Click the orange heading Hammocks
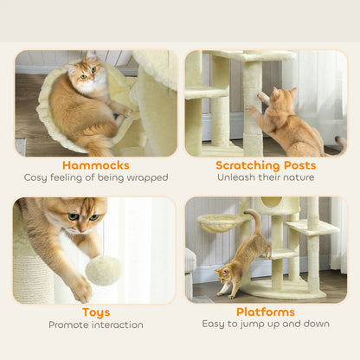(96, 164)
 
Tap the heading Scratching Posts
(266, 164)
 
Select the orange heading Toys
(96, 312)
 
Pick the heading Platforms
(266, 312)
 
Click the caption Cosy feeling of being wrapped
(96, 178)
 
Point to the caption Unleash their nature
(266, 178)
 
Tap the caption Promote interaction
(96, 325)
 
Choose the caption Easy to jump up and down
(266, 325)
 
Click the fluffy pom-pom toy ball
(103, 270)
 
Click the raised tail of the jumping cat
(254, 223)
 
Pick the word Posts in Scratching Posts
(299, 164)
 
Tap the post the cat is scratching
(252, 108)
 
